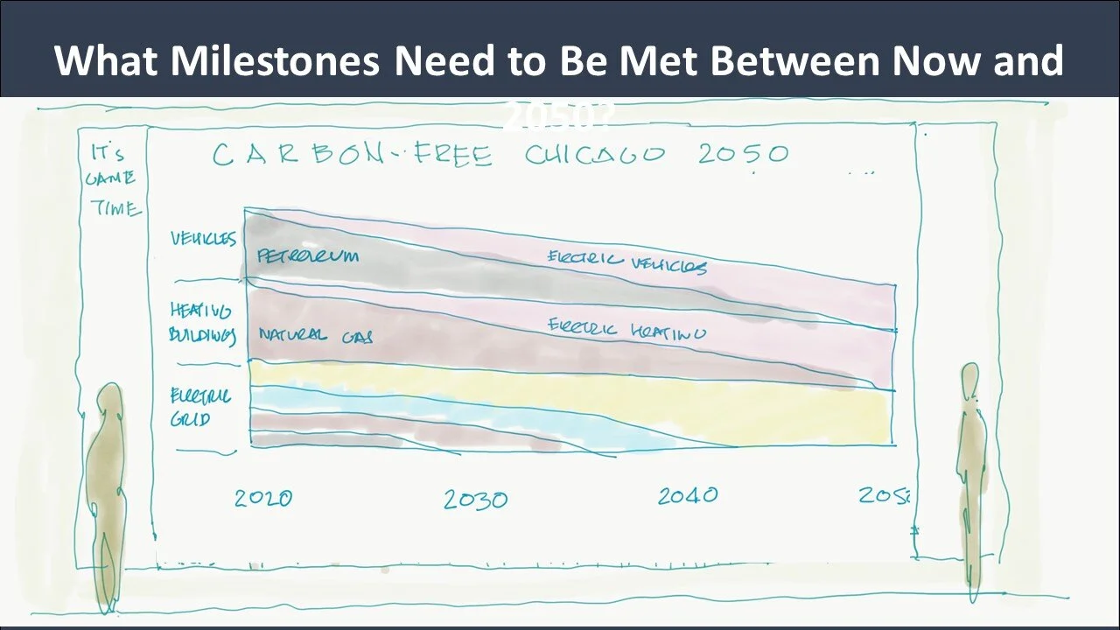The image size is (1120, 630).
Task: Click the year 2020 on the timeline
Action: (263, 498)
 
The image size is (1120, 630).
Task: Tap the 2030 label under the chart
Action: (474, 500)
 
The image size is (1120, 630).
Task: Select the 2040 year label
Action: (688, 496)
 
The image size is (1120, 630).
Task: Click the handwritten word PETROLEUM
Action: (308, 256)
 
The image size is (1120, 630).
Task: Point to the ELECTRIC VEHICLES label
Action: (626, 262)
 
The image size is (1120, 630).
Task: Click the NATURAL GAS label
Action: (315, 335)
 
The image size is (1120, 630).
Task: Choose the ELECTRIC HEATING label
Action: (626, 330)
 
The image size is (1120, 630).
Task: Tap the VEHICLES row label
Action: (203, 239)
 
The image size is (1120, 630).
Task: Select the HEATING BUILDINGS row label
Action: (202, 323)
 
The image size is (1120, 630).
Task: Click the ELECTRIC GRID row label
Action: (200, 408)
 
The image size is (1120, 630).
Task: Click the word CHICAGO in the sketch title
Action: (595, 156)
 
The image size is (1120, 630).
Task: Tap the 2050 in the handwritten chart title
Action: (744, 154)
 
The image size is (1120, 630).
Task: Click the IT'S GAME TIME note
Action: (114, 180)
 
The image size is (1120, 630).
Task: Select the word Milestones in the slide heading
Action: (275, 61)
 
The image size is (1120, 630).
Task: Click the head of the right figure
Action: (969, 378)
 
